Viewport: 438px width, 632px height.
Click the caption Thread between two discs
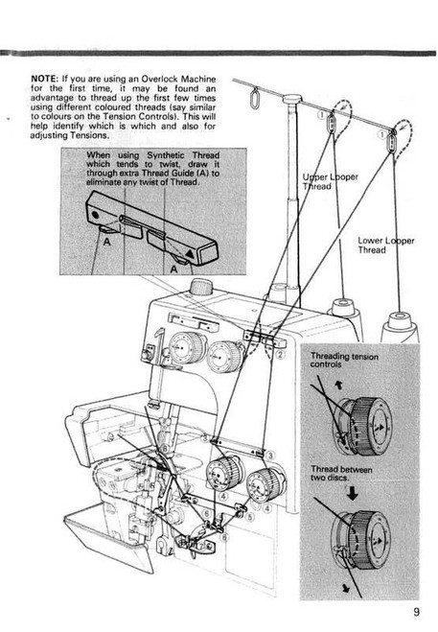(347, 471)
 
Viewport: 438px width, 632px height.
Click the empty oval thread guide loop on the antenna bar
(254, 99)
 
